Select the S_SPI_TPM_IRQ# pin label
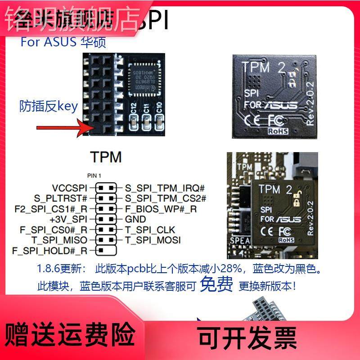[x=165, y=188]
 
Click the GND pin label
[x=135, y=219]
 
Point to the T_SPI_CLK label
[x=149, y=229]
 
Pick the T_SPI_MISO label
[x=60, y=240]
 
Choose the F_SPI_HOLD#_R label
[x=50, y=250]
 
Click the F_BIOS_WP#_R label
[x=161, y=209]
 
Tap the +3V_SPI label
[x=68, y=219]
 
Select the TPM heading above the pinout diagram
[x=106, y=157]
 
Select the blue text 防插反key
[x=49, y=106]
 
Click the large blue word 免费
[x=216, y=284]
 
